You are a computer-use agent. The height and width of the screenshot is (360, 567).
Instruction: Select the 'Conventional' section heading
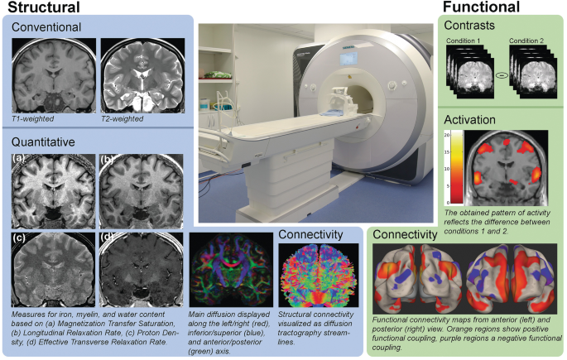pyautogui.click(x=46, y=27)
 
